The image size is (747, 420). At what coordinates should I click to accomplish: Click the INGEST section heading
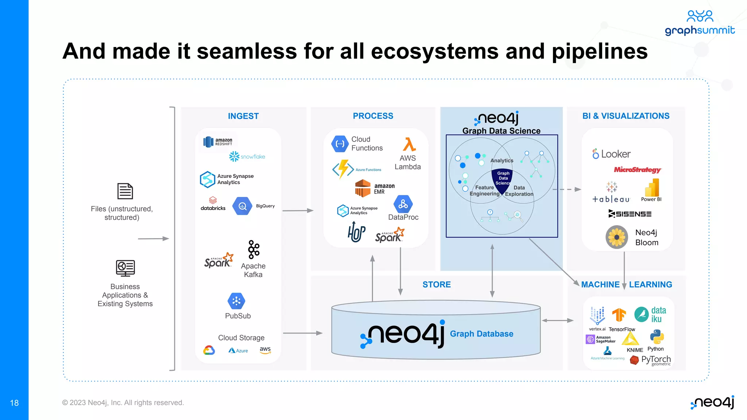tap(243, 116)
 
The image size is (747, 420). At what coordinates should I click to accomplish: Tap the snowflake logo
tap(247, 156)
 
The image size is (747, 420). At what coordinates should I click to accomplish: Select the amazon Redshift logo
tap(218, 142)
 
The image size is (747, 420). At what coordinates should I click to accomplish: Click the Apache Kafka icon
tap(253, 249)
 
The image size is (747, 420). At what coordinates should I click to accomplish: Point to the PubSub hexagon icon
tap(236, 301)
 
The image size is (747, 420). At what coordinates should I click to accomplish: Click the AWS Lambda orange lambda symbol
tap(409, 144)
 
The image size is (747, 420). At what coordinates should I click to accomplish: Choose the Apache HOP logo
tap(356, 232)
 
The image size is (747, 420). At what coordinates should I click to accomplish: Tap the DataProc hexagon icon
tap(403, 204)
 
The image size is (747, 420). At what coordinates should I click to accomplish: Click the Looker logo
tap(612, 154)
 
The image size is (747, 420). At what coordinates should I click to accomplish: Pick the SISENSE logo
tap(630, 214)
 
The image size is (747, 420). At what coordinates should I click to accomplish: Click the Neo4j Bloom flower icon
tap(617, 237)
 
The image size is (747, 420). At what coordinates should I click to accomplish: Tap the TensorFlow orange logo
tap(619, 315)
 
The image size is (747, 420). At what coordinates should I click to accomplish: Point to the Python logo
tap(657, 337)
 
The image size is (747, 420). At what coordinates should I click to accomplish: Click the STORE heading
tap(437, 284)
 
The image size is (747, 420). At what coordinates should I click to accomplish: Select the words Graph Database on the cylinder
tap(481, 334)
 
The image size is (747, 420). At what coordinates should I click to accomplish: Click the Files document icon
tap(125, 191)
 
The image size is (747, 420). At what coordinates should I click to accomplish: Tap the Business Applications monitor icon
tap(125, 268)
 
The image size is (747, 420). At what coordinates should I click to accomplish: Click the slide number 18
tap(14, 403)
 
